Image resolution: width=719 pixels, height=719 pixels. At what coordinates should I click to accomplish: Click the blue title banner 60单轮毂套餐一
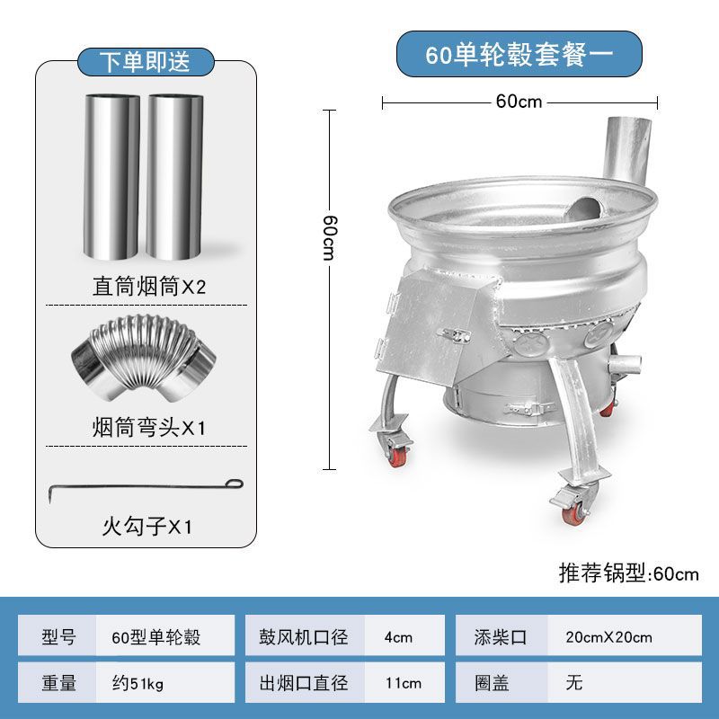pyautogui.click(x=519, y=54)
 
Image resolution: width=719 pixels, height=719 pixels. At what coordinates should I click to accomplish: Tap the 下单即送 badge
pyautogui.click(x=146, y=61)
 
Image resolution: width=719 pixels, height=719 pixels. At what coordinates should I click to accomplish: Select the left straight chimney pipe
pyautogui.click(x=113, y=175)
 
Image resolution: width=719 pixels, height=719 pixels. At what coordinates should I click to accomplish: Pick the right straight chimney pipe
pyautogui.click(x=175, y=175)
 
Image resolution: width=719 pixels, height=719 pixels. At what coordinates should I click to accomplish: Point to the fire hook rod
pyautogui.click(x=145, y=488)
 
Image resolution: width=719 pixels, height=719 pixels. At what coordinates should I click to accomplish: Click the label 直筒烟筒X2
pyautogui.click(x=149, y=288)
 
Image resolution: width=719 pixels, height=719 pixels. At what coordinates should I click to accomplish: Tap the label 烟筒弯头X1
pyautogui.click(x=149, y=427)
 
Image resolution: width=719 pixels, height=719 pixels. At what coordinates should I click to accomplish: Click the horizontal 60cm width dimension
pyautogui.click(x=519, y=102)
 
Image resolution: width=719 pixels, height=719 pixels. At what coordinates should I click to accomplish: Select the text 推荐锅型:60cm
pyautogui.click(x=628, y=573)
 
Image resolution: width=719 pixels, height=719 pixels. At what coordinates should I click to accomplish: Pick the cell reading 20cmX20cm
pyautogui.click(x=608, y=637)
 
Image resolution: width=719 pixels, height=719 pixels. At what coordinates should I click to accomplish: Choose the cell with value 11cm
pyautogui.click(x=403, y=683)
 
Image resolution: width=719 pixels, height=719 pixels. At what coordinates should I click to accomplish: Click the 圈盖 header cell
pyautogui.click(x=493, y=683)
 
